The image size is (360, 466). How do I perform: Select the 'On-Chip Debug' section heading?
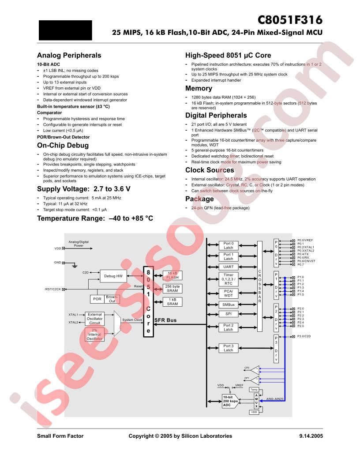tap(63, 145)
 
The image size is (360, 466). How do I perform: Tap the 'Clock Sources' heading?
tap(210, 170)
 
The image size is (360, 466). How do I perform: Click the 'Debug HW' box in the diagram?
tap(113, 276)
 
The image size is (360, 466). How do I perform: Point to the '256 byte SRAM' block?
tap(172, 289)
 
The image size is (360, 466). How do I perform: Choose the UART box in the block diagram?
tap(229, 267)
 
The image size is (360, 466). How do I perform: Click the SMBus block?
tap(229, 304)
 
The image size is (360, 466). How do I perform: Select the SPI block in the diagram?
tap(229, 314)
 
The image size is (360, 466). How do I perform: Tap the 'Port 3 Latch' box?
tap(229, 348)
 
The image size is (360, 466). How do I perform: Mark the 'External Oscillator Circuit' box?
tap(94, 318)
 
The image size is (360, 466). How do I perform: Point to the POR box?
tap(97, 299)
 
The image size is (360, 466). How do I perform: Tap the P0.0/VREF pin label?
tap(305, 240)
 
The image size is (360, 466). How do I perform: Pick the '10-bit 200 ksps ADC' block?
tap(230, 401)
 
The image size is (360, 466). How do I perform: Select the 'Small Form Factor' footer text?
tap(60, 436)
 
